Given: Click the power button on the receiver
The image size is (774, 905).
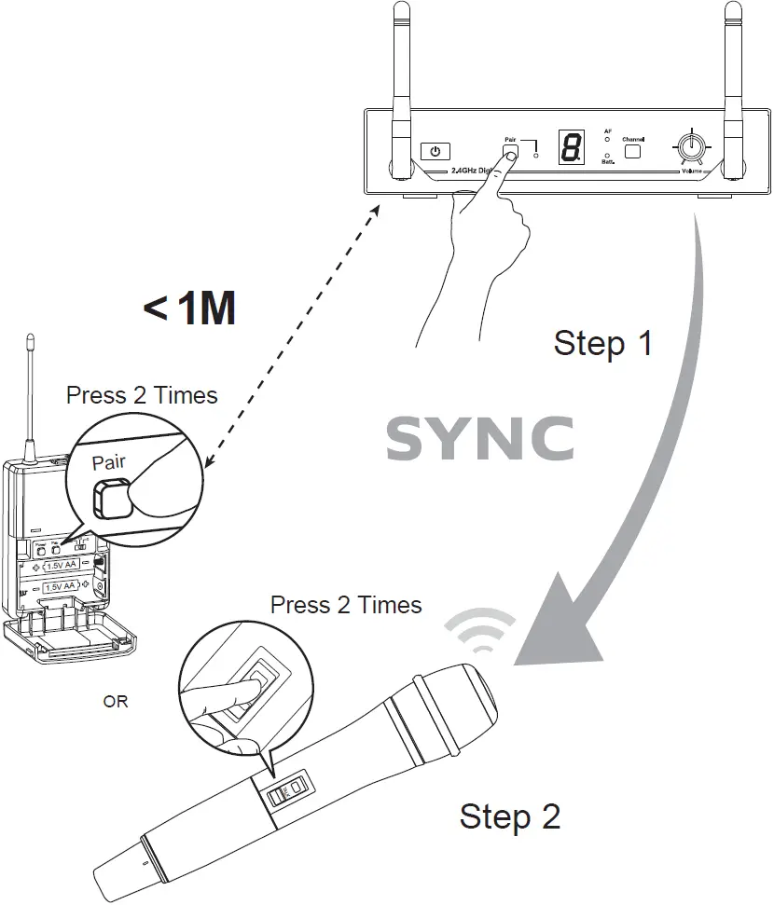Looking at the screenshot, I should [435, 150].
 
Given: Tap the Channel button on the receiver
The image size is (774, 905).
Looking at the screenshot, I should [633, 149].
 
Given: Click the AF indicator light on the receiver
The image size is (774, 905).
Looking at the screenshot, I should [608, 139].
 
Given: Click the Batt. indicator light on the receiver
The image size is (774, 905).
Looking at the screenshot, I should [608, 156].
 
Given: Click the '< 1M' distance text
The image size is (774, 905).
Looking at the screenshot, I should [189, 309].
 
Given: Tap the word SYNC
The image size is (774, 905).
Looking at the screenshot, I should [479, 439].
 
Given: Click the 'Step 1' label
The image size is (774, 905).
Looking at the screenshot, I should [603, 343].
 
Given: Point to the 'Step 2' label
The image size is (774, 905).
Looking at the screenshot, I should [510, 816].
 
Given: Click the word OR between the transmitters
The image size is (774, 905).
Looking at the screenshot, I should [116, 702].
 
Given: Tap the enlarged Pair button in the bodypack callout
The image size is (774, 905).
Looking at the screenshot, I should [109, 499].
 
